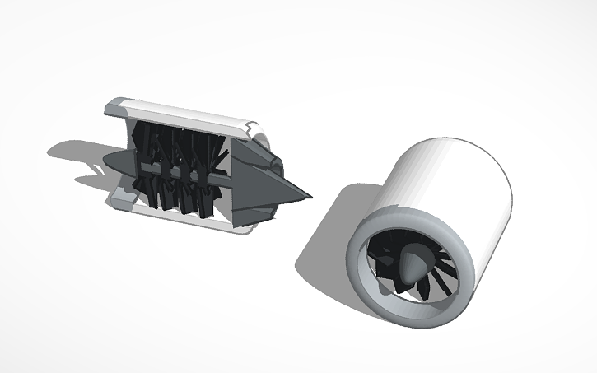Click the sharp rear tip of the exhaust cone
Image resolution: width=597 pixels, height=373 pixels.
tap(311, 197)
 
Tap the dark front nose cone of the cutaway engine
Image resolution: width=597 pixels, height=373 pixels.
tap(116, 163)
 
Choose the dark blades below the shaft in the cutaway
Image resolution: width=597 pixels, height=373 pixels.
tap(177, 198)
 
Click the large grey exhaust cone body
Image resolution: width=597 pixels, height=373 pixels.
tap(264, 185)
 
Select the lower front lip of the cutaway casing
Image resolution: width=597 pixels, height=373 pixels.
tap(124, 197)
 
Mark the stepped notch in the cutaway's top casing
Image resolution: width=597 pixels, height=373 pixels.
tap(247, 128)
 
